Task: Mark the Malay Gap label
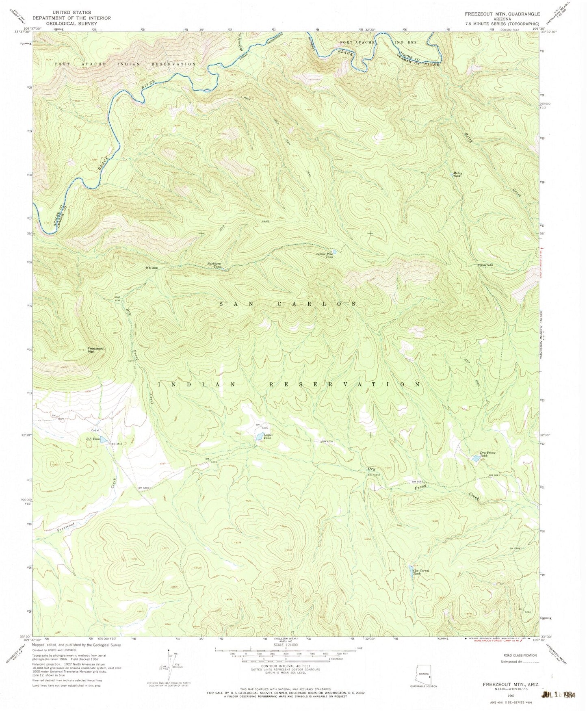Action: click(x=485, y=265)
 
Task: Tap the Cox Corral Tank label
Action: click(x=421, y=572)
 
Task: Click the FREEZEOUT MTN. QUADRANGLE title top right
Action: click(x=503, y=13)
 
